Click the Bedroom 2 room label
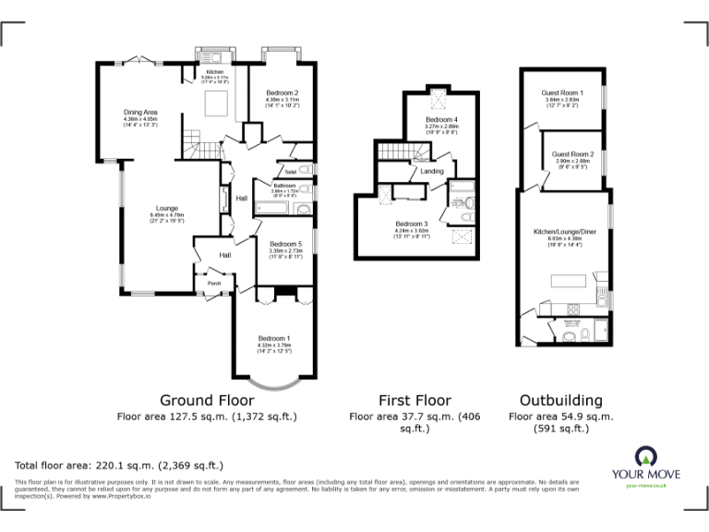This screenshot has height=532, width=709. [282, 93]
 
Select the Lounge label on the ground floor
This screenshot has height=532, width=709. [166, 208]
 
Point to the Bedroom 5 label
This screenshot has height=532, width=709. [285, 243]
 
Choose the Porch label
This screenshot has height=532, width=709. [214, 283]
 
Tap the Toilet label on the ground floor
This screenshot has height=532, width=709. [290, 172]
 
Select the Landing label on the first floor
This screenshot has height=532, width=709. [431, 172]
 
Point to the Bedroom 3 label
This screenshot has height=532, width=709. [411, 224]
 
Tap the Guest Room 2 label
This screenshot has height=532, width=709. [572, 153]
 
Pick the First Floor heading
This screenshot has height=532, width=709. [415, 401]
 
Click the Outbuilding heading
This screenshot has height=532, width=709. [560, 401]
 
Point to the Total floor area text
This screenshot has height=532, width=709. [119, 465]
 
